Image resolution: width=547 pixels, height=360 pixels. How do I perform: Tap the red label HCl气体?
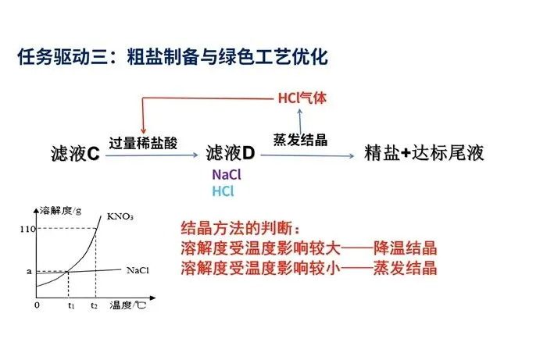302,98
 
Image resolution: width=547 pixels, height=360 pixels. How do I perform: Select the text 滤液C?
74,153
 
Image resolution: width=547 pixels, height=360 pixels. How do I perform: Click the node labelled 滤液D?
231,153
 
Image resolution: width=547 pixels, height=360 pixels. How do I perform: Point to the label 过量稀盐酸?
144,143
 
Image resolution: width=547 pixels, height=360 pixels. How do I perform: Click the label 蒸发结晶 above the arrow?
300,140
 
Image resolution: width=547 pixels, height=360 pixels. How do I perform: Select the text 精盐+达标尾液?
425,153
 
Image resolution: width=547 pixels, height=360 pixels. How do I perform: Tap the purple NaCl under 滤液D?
227,175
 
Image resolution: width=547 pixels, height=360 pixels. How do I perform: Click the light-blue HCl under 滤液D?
223,191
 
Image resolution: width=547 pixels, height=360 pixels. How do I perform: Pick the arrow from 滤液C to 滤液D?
152,156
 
